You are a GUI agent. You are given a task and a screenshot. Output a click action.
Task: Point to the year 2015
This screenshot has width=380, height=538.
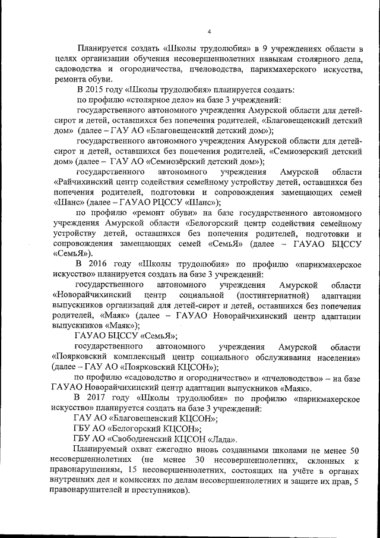(92, 90)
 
